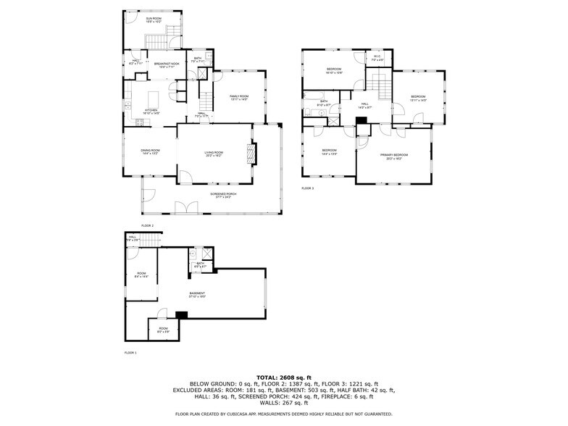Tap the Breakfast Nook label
(166, 65)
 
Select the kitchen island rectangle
(154, 98)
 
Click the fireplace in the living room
(252, 154)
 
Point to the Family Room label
(239, 98)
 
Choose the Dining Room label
(150, 152)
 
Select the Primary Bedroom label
(394, 156)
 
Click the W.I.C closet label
(377, 58)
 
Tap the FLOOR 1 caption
(130, 352)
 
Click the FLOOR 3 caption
(307, 188)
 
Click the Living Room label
(214, 154)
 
